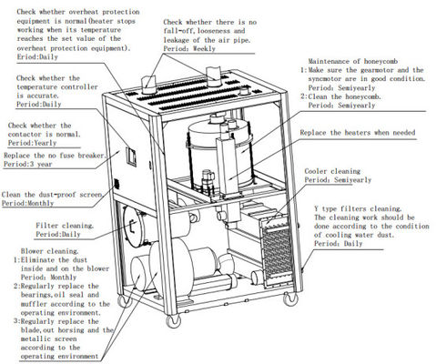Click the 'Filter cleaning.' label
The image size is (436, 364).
64,224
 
